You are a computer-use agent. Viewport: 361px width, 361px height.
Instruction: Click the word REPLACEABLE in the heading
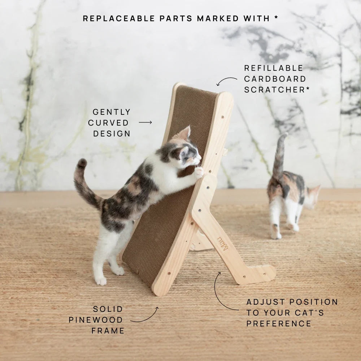point(119,18)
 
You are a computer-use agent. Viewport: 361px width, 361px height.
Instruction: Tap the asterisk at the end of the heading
point(276,17)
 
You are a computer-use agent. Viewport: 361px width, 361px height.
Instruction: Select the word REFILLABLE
point(274,68)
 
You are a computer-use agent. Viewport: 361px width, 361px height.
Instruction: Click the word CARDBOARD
point(275,79)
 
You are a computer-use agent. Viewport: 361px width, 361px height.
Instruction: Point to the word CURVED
point(108,123)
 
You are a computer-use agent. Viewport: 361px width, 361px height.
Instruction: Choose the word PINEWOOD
point(96,320)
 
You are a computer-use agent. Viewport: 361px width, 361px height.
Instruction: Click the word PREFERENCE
point(279,323)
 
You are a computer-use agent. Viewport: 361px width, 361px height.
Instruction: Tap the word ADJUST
point(266,302)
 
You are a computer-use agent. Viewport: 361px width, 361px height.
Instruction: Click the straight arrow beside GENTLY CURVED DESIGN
point(145,122)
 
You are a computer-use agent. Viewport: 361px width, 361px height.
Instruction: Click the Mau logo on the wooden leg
point(223,243)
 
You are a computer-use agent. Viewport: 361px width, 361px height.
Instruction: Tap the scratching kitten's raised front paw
point(199,173)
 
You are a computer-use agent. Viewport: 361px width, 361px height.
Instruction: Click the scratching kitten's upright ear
point(186,134)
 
